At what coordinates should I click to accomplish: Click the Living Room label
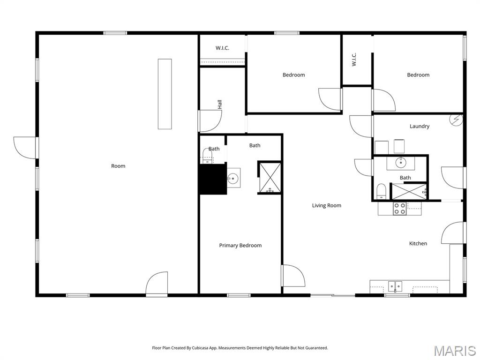[x=326, y=205]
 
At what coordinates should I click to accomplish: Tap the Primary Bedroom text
[x=240, y=245]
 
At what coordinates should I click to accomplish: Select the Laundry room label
[x=419, y=126]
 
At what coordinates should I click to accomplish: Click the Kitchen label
[x=418, y=243]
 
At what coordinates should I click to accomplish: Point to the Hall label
[x=219, y=104]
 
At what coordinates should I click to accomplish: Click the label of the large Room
[x=118, y=166]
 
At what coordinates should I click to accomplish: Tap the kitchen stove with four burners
[x=400, y=209]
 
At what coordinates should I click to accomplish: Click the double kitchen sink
[x=395, y=285]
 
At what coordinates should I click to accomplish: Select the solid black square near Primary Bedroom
[x=213, y=180]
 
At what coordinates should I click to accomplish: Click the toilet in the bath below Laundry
[x=381, y=191]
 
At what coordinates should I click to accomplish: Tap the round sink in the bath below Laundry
[x=401, y=163]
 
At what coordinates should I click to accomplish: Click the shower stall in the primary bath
[x=270, y=177]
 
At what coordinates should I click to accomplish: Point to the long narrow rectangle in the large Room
[x=165, y=94]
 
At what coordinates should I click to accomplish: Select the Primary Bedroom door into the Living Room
[x=293, y=276]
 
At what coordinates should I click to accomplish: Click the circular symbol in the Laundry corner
[x=456, y=120]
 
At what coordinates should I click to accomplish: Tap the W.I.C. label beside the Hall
[x=222, y=48]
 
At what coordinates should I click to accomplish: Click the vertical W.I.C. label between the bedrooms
[x=354, y=59]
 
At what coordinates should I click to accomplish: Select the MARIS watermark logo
[x=454, y=350]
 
